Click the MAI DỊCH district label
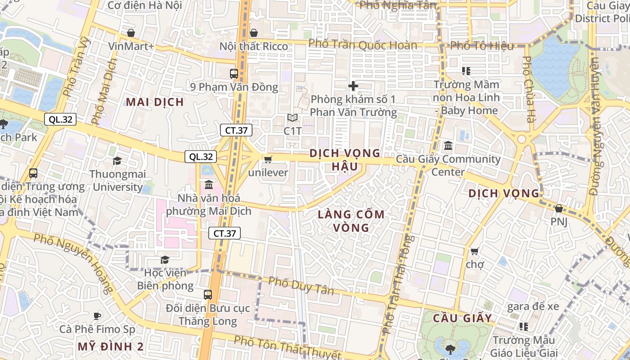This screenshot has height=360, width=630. [155, 102]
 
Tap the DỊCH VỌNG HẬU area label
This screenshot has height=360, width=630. [345, 160]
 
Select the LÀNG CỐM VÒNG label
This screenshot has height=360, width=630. [351, 221]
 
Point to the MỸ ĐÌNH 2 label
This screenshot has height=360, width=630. [110, 346]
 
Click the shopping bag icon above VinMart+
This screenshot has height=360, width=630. [131, 33]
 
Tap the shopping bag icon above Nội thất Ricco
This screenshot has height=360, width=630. [254, 33]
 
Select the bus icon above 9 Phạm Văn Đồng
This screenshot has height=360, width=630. [234, 73]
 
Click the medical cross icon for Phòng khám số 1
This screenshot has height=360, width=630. [353, 85]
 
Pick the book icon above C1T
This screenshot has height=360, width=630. [292, 118]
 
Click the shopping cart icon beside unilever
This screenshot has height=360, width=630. [268, 159]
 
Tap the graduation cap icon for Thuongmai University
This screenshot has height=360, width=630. [117, 161]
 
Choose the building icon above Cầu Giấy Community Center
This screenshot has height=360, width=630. [448, 146]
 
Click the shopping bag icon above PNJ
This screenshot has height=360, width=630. [558, 208]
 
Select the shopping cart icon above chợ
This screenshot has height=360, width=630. [474, 251]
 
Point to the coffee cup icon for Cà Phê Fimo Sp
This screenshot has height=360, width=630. [97, 316]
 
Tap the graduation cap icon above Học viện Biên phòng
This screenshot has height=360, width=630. [165, 260]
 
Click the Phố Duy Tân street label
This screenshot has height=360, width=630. [301, 286]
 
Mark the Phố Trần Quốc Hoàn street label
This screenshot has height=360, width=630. [363, 45]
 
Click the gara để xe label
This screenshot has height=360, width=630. [533, 307]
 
